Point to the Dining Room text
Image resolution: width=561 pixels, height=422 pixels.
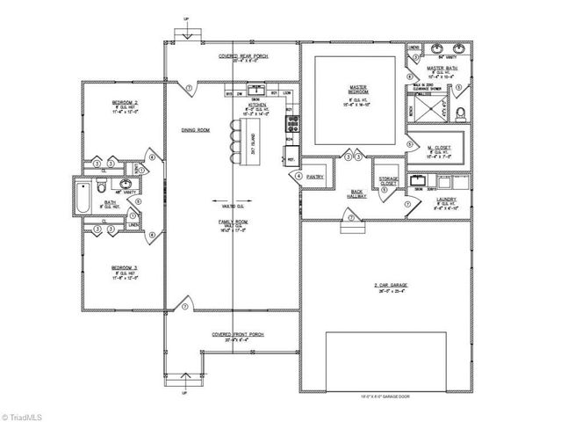[195, 130]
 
